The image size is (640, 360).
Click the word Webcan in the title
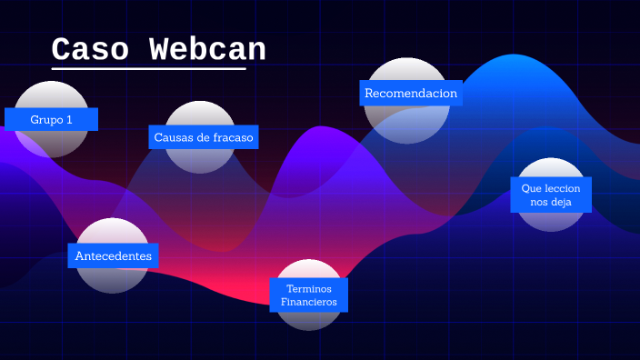pyautogui.click(x=207, y=50)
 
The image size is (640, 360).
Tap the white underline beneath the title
pyautogui.click(x=148, y=68)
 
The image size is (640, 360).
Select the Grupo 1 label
pyautogui.click(x=51, y=119)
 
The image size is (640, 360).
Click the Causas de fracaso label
pyautogui.click(x=204, y=137)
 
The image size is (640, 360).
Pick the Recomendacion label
pyautogui.click(x=411, y=93)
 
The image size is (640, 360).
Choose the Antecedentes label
pyautogui.click(x=113, y=255)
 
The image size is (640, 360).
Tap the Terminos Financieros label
pyautogui.click(x=309, y=295)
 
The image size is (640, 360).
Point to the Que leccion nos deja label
pyautogui.click(x=551, y=195)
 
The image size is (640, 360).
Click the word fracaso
pyautogui.click(x=231, y=137)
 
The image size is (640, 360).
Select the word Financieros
pyautogui.click(x=309, y=301)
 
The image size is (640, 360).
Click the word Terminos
pyautogui.click(x=309, y=287)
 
